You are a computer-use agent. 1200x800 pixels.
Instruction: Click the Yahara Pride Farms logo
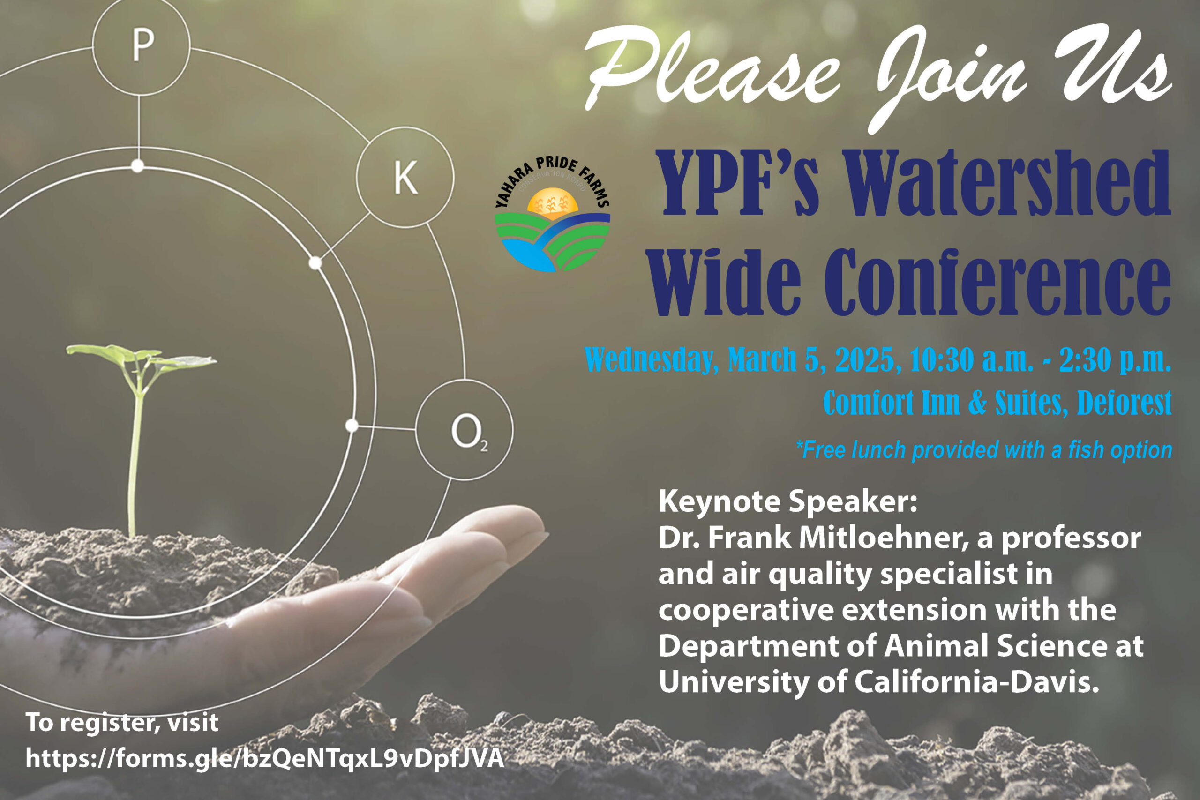pyautogui.click(x=553, y=214)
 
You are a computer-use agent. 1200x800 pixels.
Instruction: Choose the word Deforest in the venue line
pyautogui.click(x=1125, y=403)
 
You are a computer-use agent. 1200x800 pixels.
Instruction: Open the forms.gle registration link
pyautogui.click(x=265, y=759)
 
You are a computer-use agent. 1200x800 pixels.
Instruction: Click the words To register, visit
pyautogui.click(x=122, y=723)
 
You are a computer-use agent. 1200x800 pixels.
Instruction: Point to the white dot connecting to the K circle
pyautogui.click(x=316, y=263)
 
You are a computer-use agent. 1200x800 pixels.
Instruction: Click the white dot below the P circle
pyautogui.click(x=138, y=166)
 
